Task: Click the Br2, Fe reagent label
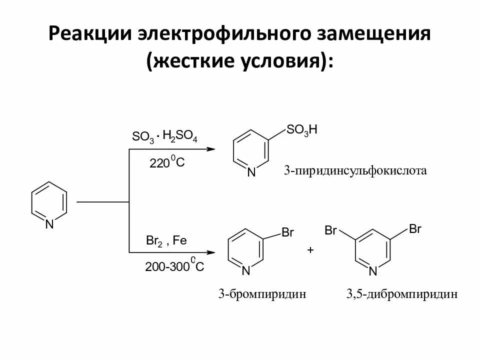click(166, 240)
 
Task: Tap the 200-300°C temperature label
click(174, 266)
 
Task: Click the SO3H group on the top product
click(302, 130)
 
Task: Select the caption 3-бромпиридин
click(261, 294)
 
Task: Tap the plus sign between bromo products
click(310, 250)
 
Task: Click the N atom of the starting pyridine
click(49, 225)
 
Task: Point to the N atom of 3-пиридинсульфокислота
click(251, 172)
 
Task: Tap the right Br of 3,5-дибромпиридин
click(415, 229)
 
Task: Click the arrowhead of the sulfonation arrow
click(210, 149)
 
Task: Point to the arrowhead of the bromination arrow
click(210, 252)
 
